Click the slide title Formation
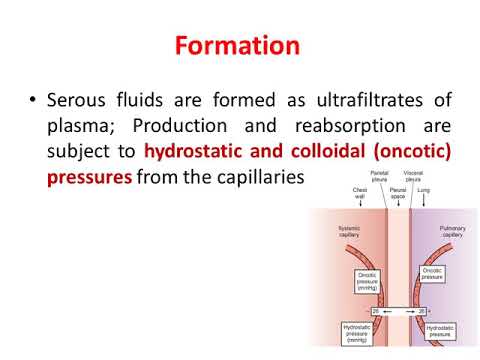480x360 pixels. click(239, 46)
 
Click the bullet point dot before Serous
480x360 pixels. click(36, 100)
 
